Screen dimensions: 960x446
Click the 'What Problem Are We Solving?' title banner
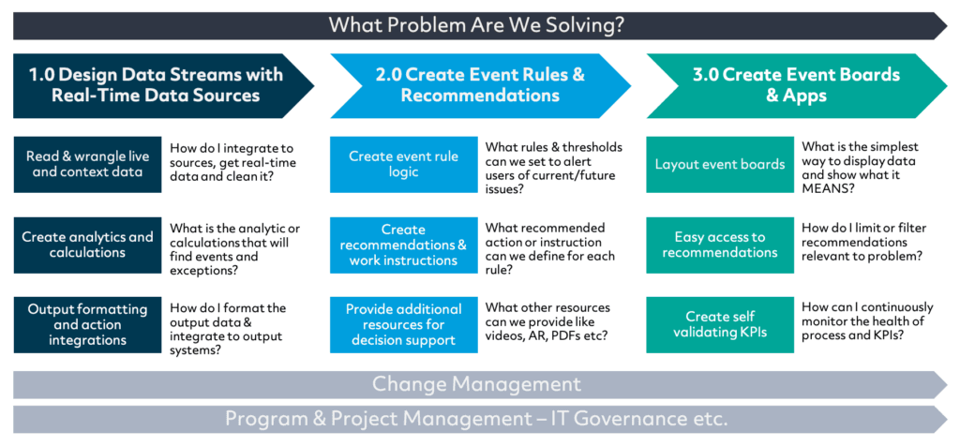click(480, 25)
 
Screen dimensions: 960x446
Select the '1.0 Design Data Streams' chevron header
click(163, 85)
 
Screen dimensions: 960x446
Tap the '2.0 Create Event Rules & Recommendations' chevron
click(481, 85)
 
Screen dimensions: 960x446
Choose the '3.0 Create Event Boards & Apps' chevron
click(797, 85)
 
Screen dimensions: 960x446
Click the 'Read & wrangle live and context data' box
click(87, 165)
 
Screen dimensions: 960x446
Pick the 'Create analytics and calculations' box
click(87, 245)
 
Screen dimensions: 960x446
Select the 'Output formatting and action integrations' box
click(87, 325)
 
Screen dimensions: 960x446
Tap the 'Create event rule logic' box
click(403, 165)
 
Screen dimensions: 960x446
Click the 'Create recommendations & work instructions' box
click(403, 245)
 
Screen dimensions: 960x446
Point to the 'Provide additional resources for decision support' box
click(403, 325)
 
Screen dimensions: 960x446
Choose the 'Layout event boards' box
click(720, 165)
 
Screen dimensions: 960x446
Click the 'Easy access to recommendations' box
click(720, 245)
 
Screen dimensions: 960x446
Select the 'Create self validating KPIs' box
click(720, 325)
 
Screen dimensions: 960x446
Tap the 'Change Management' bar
click(480, 385)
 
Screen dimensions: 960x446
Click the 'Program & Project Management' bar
click(480, 419)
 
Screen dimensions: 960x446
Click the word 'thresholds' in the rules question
click(590, 148)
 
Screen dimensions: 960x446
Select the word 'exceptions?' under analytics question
click(204, 270)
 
